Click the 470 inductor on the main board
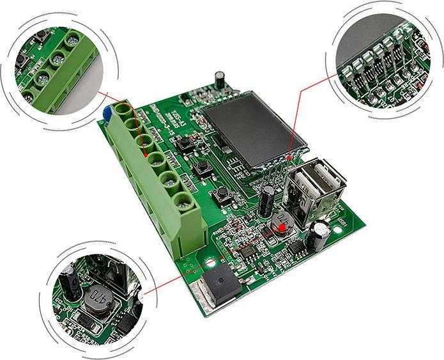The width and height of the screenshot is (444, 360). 282,221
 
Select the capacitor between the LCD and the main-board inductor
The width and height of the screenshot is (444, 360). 268,198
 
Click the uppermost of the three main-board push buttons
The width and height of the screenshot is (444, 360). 189,142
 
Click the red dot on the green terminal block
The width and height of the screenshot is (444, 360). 146,154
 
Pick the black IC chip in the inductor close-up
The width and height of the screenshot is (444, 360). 127,320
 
